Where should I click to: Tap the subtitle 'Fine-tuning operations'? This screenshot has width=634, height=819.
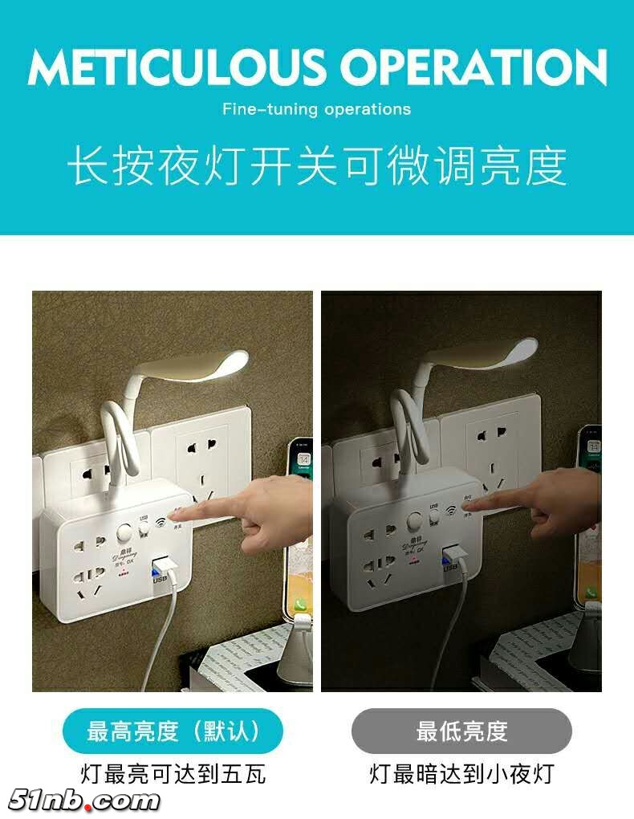coord(316,109)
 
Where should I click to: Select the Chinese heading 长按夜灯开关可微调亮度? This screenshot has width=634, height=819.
coord(316,165)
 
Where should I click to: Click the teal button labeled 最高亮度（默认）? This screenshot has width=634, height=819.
coord(173,731)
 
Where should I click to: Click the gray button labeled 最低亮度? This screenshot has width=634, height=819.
coord(461,731)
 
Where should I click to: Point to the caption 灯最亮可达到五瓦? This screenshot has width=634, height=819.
coord(173,774)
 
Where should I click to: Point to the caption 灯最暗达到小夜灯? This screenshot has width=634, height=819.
coord(461,774)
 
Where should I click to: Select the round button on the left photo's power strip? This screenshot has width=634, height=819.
coord(124,533)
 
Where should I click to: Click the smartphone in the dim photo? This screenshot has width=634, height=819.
coord(589,514)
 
